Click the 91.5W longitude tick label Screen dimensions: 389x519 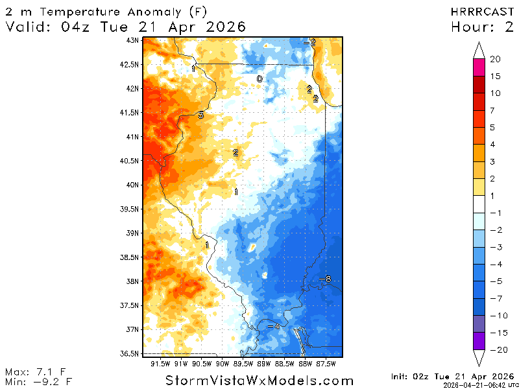pyautogui.click(x=160, y=363)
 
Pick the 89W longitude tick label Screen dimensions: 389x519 pyautogui.click(x=263, y=363)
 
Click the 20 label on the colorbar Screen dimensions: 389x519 pyautogui.click(x=495, y=60)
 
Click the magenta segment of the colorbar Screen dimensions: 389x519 pyautogui.click(x=479, y=67)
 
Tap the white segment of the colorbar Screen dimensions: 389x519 pyautogui.click(x=479, y=204)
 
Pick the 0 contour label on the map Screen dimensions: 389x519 pyautogui.click(x=259, y=79)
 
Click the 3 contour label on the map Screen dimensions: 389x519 pyautogui.click(x=200, y=115)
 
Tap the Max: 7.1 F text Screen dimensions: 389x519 pyautogui.click(x=36, y=372)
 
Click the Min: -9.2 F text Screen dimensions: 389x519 pyautogui.click(x=37, y=381)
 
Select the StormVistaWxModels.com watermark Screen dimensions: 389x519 pyautogui.click(x=259, y=381)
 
